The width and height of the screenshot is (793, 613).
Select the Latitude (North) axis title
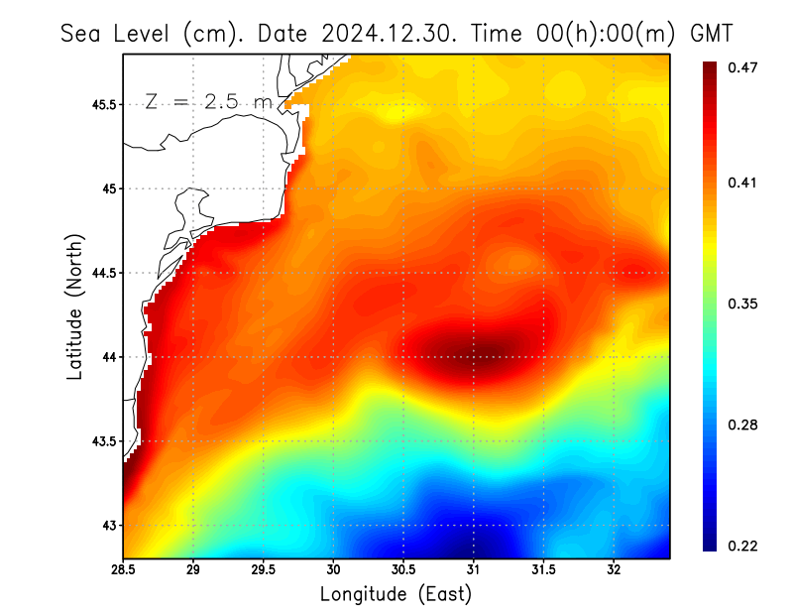[x=74, y=306]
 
